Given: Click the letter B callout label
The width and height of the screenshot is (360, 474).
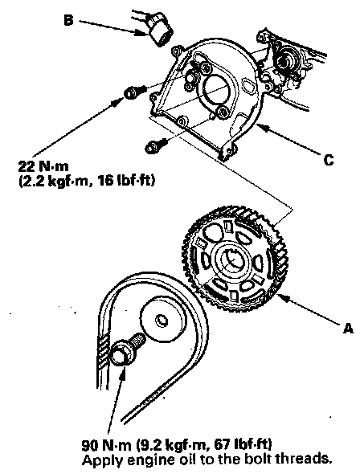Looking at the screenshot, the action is (69, 21).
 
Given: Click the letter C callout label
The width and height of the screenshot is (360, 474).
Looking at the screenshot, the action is (329, 159).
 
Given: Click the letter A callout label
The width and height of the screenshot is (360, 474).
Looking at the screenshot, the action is (348, 328).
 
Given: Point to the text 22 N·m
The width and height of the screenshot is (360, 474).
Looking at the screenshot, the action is (43, 166).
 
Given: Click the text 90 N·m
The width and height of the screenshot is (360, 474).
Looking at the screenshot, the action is (107, 445).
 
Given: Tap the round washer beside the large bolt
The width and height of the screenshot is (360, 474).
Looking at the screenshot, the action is (162, 320).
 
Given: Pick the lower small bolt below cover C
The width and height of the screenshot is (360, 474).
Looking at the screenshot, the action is (156, 145).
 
